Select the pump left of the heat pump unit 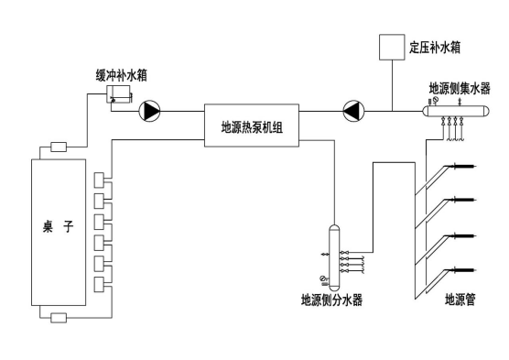coord(150,112)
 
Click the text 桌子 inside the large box coord(58,227)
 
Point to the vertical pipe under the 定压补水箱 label coord(394,87)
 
